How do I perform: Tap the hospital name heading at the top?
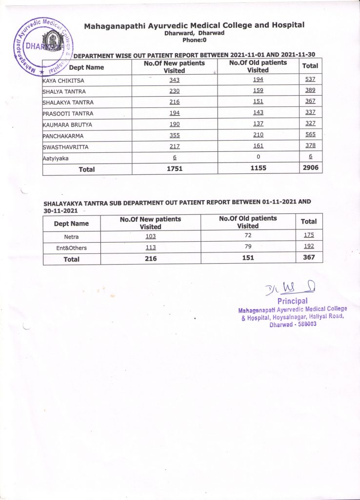coord(194,25)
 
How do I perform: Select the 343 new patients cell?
coord(175,80)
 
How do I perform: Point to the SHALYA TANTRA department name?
coord(65,91)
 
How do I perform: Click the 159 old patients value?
coord(259,90)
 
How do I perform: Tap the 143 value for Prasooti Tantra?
coord(259,113)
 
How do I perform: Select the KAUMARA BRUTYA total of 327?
coord(310,124)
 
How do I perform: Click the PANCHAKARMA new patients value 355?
coord(175,135)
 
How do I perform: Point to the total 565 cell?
coord(310,134)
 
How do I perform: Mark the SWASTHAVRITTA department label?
coord(66,146)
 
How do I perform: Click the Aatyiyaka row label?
coord(56,158)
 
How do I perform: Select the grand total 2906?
coord(310,168)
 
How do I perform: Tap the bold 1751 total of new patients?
coord(175,169)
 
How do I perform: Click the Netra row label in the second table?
coord(71,237)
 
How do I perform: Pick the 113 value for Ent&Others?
coord(150,248)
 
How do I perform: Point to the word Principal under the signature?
coord(292,301)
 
